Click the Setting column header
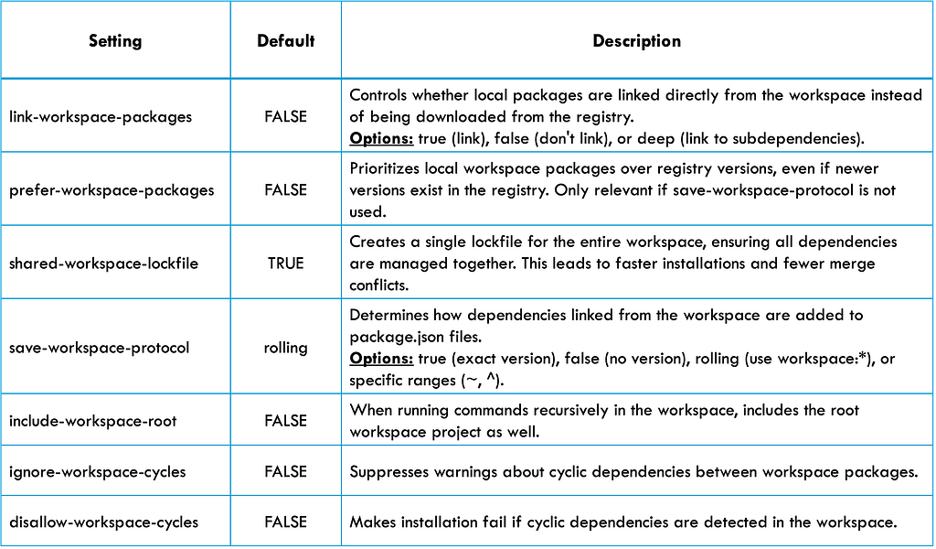pos(115,40)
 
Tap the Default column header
pos(285,40)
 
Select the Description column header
pos(636,40)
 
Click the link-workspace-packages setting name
pos(101,116)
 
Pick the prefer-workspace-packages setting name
pos(112,190)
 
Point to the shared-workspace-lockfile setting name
pos(103,264)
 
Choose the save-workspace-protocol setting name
pos(99,348)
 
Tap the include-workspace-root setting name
pos(92,421)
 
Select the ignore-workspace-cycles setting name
pos(97,472)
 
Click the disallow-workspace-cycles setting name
pos(103,522)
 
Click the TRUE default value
pos(285,264)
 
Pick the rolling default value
pos(285,348)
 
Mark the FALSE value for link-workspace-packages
pos(285,116)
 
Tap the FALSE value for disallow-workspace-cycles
pos(285,522)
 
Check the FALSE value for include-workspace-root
pos(285,421)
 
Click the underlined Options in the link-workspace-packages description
pos(381,138)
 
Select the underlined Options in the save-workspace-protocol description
pos(381,359)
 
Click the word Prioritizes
pos(385,168)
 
